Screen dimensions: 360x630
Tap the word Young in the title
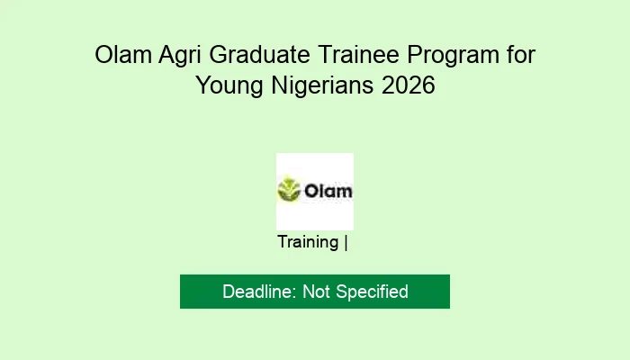coord(233,87)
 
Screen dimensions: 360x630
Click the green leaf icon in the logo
coord(288,191)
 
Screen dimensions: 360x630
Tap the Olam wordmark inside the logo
coord(327,191)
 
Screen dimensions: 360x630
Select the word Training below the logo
coord(308,242)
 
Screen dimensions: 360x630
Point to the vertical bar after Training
coord(346,242)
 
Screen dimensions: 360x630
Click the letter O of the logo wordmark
coord(310,191)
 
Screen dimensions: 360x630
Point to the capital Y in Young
coord(202,86)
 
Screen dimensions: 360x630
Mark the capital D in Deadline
coord(229,292)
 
